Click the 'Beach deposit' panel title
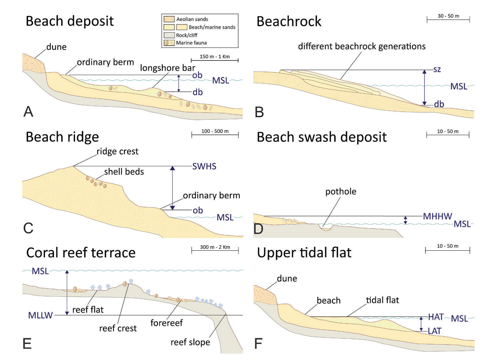click(x=70, y=21)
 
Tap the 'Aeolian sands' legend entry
click(x=192, y=19)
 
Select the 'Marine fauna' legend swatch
click(x=169, y=43)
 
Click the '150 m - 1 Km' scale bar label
click(x=215, y=57)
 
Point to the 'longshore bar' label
click(x=168, y=68)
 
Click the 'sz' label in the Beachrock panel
click(x=437, y=69)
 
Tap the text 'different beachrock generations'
click(x=362, y=46)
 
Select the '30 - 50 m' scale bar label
click(x=448, y=16)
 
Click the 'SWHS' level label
click(x=204, y=166)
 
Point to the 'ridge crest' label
click(x=117, y=151)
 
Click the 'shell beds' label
click(x=124, y=172)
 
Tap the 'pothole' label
click(x=341, y=192)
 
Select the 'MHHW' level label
click(x=437, y=217)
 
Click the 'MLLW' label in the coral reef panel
click(x=40, y=316)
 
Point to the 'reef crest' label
click(x=118, y=328)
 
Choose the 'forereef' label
click(x=166, y=323)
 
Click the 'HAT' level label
click(x=436, y=317)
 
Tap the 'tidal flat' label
click(x=382, y=300)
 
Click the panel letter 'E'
click(x=27, y=344)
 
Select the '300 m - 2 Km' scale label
click(x=215, y=247)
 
